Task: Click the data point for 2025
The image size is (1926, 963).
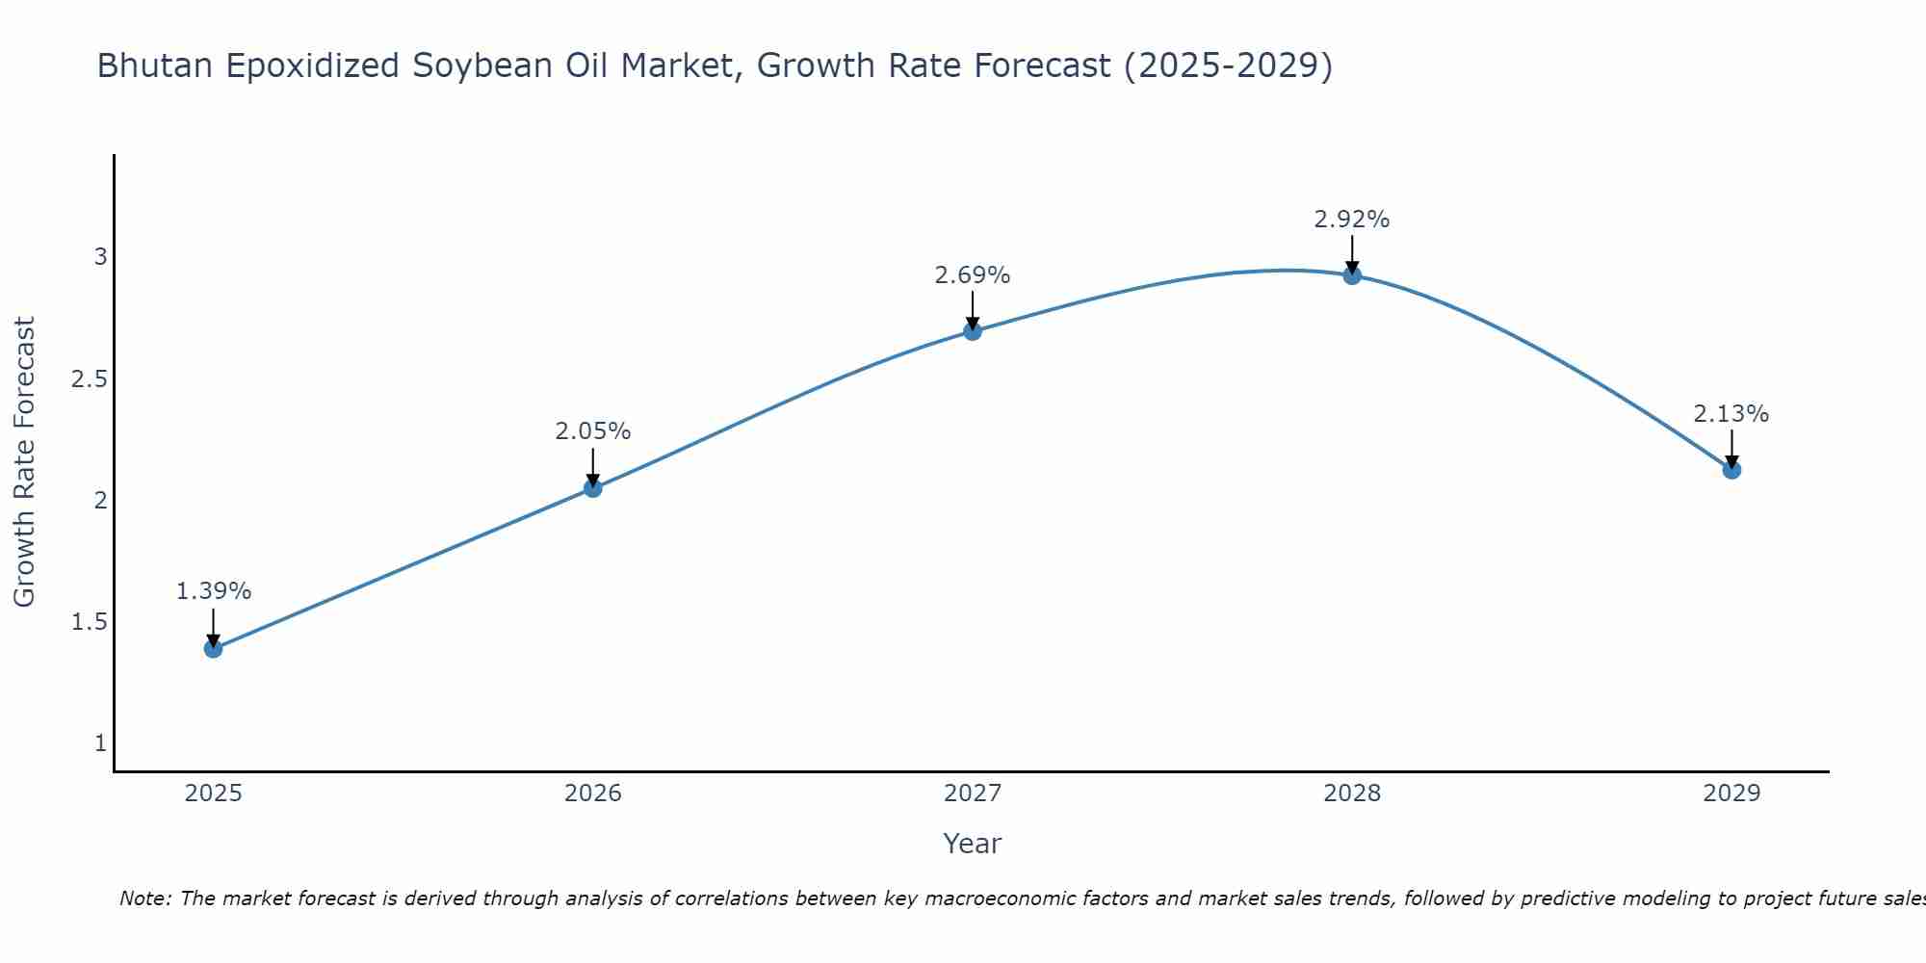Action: click(214, 648)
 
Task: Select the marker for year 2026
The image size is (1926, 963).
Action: click(593, 488)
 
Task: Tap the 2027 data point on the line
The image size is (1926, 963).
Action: click(973, 331)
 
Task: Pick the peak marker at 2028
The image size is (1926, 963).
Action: click(1352, 275)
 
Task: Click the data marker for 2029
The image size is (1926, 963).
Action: click(1731, 470)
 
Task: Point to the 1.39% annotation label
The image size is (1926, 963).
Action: click(214, 591)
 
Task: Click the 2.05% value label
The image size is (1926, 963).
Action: click(593, 431)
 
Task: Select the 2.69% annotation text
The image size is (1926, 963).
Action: click(973, 275)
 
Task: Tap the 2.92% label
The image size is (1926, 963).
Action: click(1352, 220)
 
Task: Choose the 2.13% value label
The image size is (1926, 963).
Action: click(1731, 414)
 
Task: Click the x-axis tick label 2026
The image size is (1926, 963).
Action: click(593, 794)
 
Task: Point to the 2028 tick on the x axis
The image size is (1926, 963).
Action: click(1352, 794)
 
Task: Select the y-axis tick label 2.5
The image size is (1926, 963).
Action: click(89, 378)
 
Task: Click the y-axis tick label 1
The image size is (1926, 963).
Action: click(100, 743)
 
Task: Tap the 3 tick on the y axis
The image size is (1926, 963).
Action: click(100, 257)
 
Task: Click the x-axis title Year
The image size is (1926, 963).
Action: click(973, 844)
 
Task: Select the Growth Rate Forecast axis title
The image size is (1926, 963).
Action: click(25, 462)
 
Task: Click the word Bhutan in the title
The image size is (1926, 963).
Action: click(154, 66)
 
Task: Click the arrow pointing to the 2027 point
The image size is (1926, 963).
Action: click(973, 310)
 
